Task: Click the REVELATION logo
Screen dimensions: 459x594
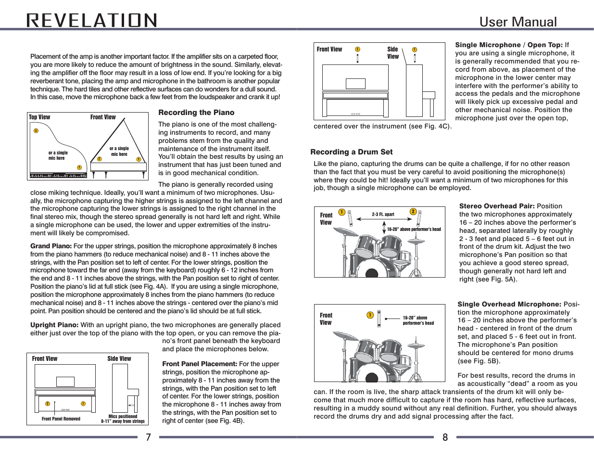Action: pyautogui.click(x=92, y=21)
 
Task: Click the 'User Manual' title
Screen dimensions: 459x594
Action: pyautogui.click(x=518, y=22)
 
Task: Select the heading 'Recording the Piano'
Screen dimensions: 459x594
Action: pyautogui.click(x=196, y=113)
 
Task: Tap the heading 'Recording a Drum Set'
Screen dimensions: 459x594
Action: pyautogui.click(x=351, y=152)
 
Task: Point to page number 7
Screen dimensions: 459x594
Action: pyautogui.click(x=148, y=437)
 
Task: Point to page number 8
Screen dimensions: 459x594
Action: pyautogui.click(x=445, y=437)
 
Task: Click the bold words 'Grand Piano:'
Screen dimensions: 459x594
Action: pyautogui.click(x=51, y=246)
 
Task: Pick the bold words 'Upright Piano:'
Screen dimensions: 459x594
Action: pyautogui.click(x=54, y=325)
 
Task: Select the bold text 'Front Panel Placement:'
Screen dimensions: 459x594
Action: pyautogui.click(x=200, y=364)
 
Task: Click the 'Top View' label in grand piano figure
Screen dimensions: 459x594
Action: pyautogui.click(x=39, y=117)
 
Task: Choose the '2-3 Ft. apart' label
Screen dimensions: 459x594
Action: pyautogui.click(x=383, y=215)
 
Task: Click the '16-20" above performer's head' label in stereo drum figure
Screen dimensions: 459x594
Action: pyautogui.click(x=414, y=229)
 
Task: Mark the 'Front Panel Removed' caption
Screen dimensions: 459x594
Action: pyautogui.click(x=61, y=419)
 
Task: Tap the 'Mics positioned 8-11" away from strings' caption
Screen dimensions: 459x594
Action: pyautogui.click(x=123, y=419)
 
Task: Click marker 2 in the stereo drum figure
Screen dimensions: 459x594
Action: pyautogui.click(x=413, y=212)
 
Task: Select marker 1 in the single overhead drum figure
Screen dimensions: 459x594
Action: pyautogui.click(x=370, y=315)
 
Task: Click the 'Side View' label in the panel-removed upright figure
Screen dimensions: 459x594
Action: pyautogui.click(x=119, y=358)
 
